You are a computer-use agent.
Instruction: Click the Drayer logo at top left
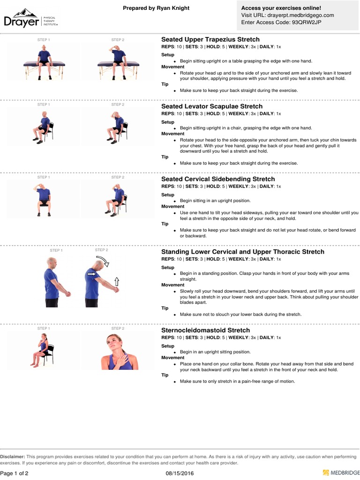(x=30, y=19)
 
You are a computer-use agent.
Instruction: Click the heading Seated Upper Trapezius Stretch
(x=210, y=39)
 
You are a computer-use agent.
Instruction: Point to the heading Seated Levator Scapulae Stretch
(x=212, y=106)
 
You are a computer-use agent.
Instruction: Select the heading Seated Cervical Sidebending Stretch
(x=218, y=179)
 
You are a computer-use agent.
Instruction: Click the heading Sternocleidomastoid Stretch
(x=206, y=330)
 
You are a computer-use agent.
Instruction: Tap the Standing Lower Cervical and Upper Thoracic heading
(x=243, y=252)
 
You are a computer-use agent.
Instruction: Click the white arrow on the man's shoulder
(x=91, y=274)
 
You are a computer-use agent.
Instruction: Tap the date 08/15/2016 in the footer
(x=180, y=473)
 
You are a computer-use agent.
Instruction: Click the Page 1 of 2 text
(x=15, y=473)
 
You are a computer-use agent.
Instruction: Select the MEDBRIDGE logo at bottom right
(x=341, y=473)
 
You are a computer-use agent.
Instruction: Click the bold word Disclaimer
(x=13, y=457)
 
